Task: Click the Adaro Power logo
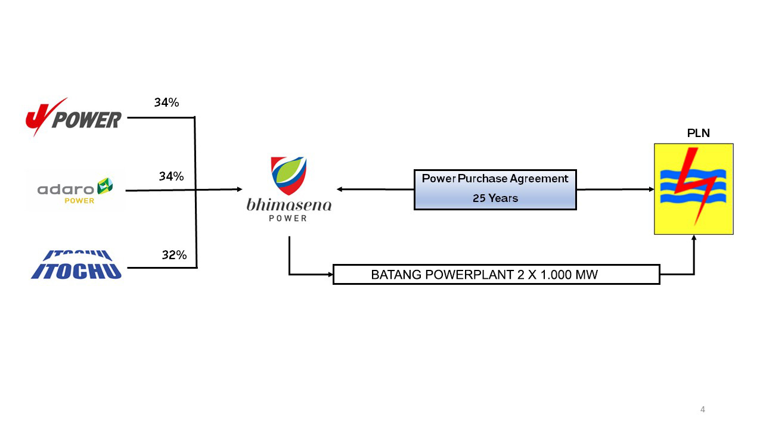pyautogui.click(x=75, y=190)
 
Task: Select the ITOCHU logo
pyautogui.click(x=76, y=265)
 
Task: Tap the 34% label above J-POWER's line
pyautogui.click(x=166, y=102)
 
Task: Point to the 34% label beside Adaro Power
pyautogui.click(x=171, y=176)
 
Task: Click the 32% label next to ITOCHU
pyautogui.click(x=174, y=256)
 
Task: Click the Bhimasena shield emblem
pyautogui.click(x=289, y=175)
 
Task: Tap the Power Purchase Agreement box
pyautogui.click(x=495, y=189)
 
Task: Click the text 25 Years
pyautogui.click(x=495, y=198)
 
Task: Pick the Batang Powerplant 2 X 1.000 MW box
pyautogui.click(x=496, y=275)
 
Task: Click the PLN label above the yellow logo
pyautogui.click(x=698, y=133)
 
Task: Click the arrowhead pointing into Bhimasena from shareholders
pyautogui.click(x=239, y=189)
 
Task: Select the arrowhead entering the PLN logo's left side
pyautogui.click(x=652, y=189)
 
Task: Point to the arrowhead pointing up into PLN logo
pyautogui.click(x=694, y=238)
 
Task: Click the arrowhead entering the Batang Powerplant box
pyautogui.click(x=330, y=275)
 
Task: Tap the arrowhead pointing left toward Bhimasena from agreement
pyautogui.click(x=340, y=189)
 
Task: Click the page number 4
pyautogui.click(x=702, y=409)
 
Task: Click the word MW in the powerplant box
pyautogui.click(x=587, y=275)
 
